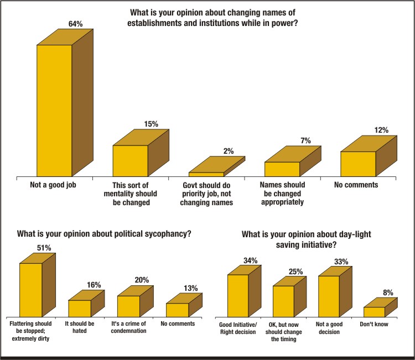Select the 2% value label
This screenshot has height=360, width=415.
pos(229,151)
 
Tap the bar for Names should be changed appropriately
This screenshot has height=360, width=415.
pos(282,169)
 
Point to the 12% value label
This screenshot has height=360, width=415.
pos(381,131)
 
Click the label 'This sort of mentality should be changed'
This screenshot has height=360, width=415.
pos(131,194)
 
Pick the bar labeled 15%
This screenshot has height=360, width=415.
pos(131,160)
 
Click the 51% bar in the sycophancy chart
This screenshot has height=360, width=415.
pos(31,289)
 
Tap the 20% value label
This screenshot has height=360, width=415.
pos(142,280)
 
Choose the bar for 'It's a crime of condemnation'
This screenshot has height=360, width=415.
pos(128,306)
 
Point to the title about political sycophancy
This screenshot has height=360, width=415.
pos(105,234)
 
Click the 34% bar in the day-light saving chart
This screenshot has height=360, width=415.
pos(238,296)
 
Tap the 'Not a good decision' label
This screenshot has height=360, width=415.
pos(329,328)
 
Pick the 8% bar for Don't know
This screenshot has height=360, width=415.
pos(374,311)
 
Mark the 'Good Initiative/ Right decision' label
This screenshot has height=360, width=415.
pos(238,328)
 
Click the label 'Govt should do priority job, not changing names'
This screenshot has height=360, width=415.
pos(207,194)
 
